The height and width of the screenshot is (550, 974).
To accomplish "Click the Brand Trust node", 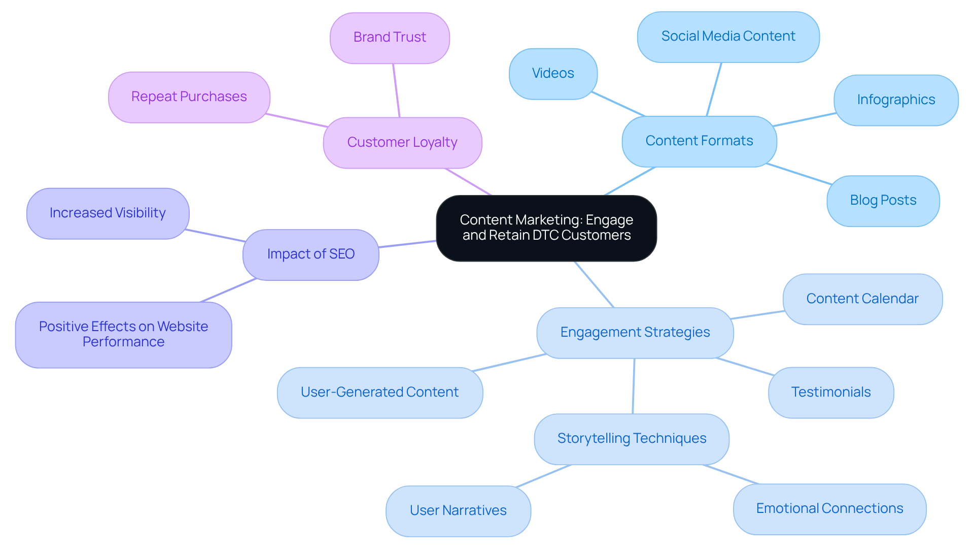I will click(x=390, y=38).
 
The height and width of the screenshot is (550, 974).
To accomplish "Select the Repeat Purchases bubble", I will click(x=189, y=97).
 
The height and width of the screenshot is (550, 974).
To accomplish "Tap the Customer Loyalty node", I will click(x=402, y=143).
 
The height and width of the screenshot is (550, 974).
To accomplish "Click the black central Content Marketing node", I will click(x=546, y=228).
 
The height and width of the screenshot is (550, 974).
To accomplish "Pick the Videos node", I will click(x=553, y=74).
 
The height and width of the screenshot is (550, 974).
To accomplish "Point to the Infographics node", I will click(x=896, y=100).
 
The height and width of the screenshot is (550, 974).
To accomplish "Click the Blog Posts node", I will click(x=883, y=201).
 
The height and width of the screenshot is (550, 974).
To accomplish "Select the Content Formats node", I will click(x=699, y=141).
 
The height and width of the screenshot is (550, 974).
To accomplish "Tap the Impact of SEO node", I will click(x=310, y=254).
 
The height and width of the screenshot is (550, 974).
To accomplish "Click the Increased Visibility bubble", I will click(x=108, y=213).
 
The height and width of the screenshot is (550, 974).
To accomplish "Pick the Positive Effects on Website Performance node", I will click(x=123, y=335).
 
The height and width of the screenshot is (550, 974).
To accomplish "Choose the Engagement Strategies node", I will click(x=635, y=333).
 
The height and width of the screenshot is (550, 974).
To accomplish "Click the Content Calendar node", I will click(x=862, y=299).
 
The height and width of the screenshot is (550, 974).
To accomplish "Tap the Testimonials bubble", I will click(x=830, y=393).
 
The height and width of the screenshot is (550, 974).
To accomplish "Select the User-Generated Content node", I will click(x=379, y=393).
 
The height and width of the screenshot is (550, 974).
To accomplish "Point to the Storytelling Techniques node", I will click(x=632, y=439).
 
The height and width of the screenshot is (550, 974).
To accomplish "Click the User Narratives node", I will click(x=458, y=511).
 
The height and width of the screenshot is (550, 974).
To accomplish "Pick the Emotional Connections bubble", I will click(x=829, y=509).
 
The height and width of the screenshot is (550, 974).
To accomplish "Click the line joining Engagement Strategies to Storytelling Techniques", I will click(x=634, y=386).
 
